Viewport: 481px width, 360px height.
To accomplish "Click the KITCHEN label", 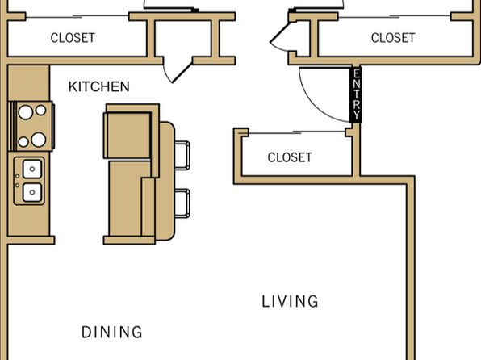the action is [98, 86].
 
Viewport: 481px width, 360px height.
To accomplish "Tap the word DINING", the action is [112, 332].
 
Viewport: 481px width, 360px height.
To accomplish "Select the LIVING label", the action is [290, 301].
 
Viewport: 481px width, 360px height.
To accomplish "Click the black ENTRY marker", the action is [356, 94].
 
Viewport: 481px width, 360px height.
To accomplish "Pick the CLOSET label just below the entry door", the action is [290, 157].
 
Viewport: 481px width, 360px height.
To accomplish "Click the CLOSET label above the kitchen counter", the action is [73, 38].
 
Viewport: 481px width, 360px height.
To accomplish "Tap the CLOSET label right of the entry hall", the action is [393, 38].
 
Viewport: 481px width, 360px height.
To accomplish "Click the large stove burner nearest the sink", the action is [39, 140].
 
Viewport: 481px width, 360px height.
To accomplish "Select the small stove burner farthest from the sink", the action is [41, 110].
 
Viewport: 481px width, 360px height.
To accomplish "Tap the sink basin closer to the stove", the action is [32, 170].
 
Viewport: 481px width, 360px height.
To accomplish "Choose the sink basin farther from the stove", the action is [32, 192].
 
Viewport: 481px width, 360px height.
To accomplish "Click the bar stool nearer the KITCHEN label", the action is [182, 155].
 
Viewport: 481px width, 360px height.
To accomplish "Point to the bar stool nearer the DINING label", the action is [182, 203].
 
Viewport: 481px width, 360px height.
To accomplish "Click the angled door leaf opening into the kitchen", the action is [182, 73].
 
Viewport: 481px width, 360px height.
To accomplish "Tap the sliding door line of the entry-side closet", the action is [296, 132].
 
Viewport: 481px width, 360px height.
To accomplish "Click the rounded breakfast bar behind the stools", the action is [166, 181].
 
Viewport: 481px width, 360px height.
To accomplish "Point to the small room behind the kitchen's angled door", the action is [183, 39].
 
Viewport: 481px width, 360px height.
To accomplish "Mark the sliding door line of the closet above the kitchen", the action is [77, 16].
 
